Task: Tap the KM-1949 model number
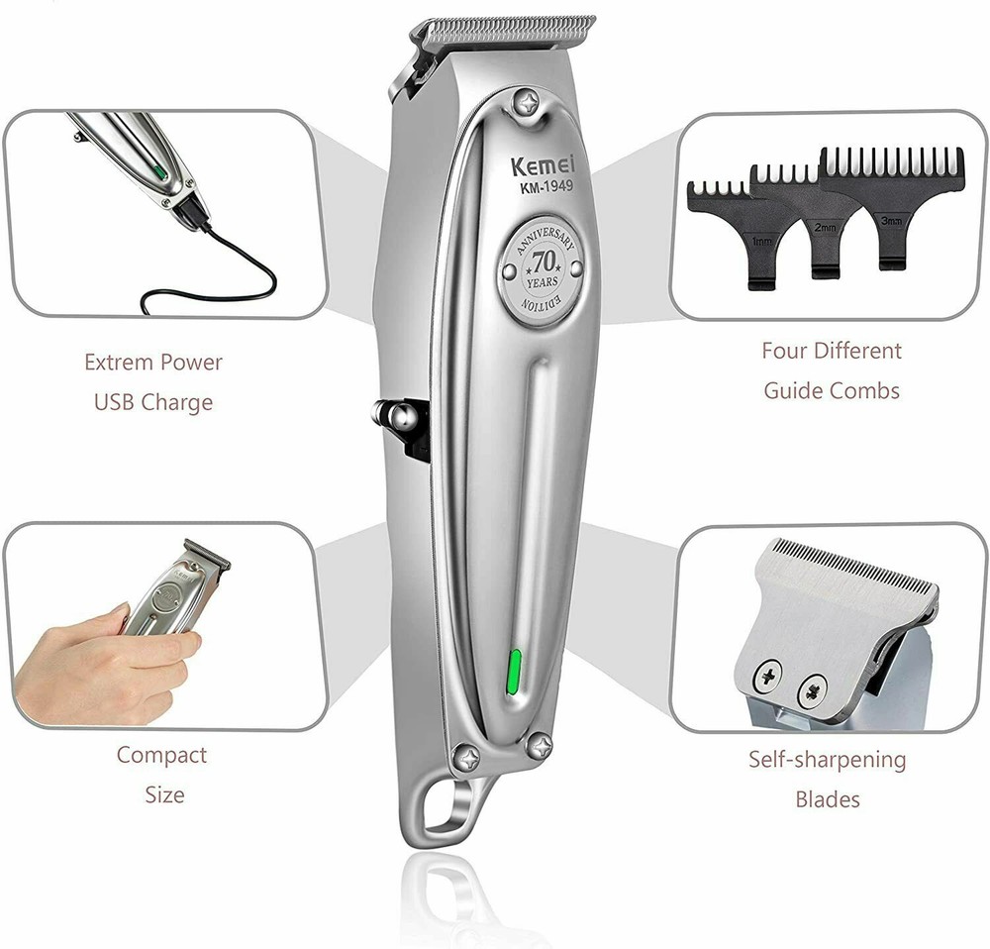538,185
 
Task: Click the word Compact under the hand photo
161,755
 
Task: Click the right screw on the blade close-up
814,685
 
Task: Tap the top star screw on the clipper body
523,102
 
